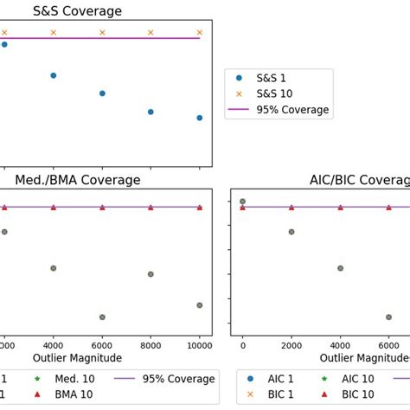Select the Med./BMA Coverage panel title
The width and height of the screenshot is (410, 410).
(x=78, y=180)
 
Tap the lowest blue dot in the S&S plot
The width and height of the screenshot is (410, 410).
(x=200, y=118)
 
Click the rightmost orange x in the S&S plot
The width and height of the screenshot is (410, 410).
(x=200, y=32)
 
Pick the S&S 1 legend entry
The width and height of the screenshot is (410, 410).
(x=277, y=76)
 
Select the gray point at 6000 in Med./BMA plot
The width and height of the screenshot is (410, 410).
(x=102, y=317)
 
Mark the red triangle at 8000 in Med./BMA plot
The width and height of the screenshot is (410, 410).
(x=151, y=208)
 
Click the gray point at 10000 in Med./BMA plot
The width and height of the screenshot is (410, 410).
(x=200, y=305)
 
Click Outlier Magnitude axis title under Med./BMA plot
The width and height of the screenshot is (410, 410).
(x=78, y=356)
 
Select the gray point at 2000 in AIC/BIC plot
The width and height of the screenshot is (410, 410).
(x=291, y=232)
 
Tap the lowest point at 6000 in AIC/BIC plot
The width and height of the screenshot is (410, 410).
(x=388, y=317)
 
